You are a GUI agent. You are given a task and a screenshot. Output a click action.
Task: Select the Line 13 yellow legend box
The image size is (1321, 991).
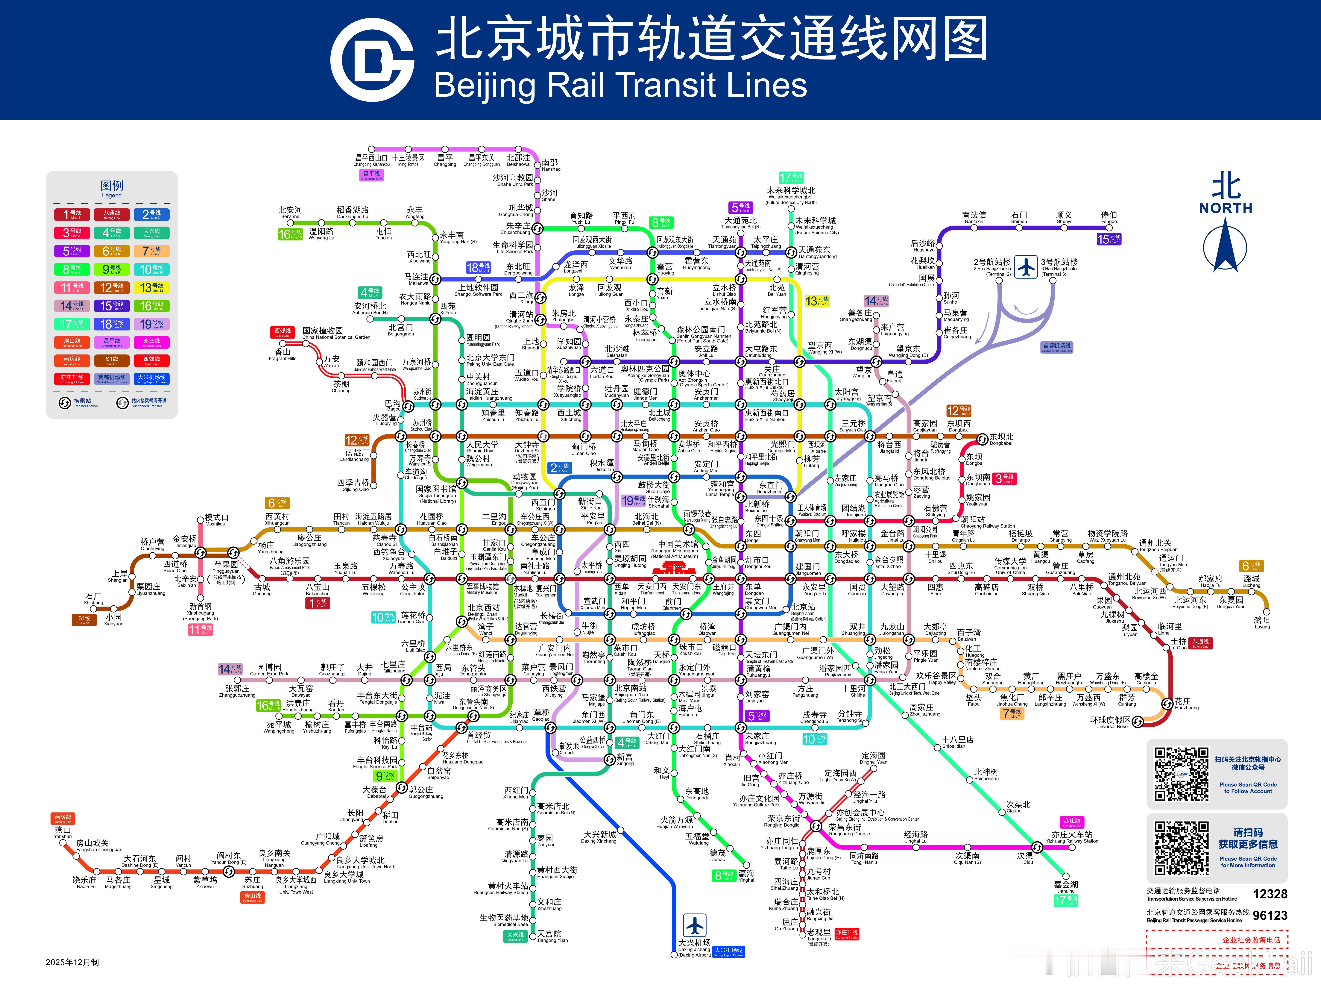pyautogui.click(x=151, y=287)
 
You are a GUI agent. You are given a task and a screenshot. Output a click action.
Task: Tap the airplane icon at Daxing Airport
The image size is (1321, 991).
pyautogui.click(x=695, y=925)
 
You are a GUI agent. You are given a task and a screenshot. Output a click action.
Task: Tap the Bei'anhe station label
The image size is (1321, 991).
pyautogui.click(x=290, y=212)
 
